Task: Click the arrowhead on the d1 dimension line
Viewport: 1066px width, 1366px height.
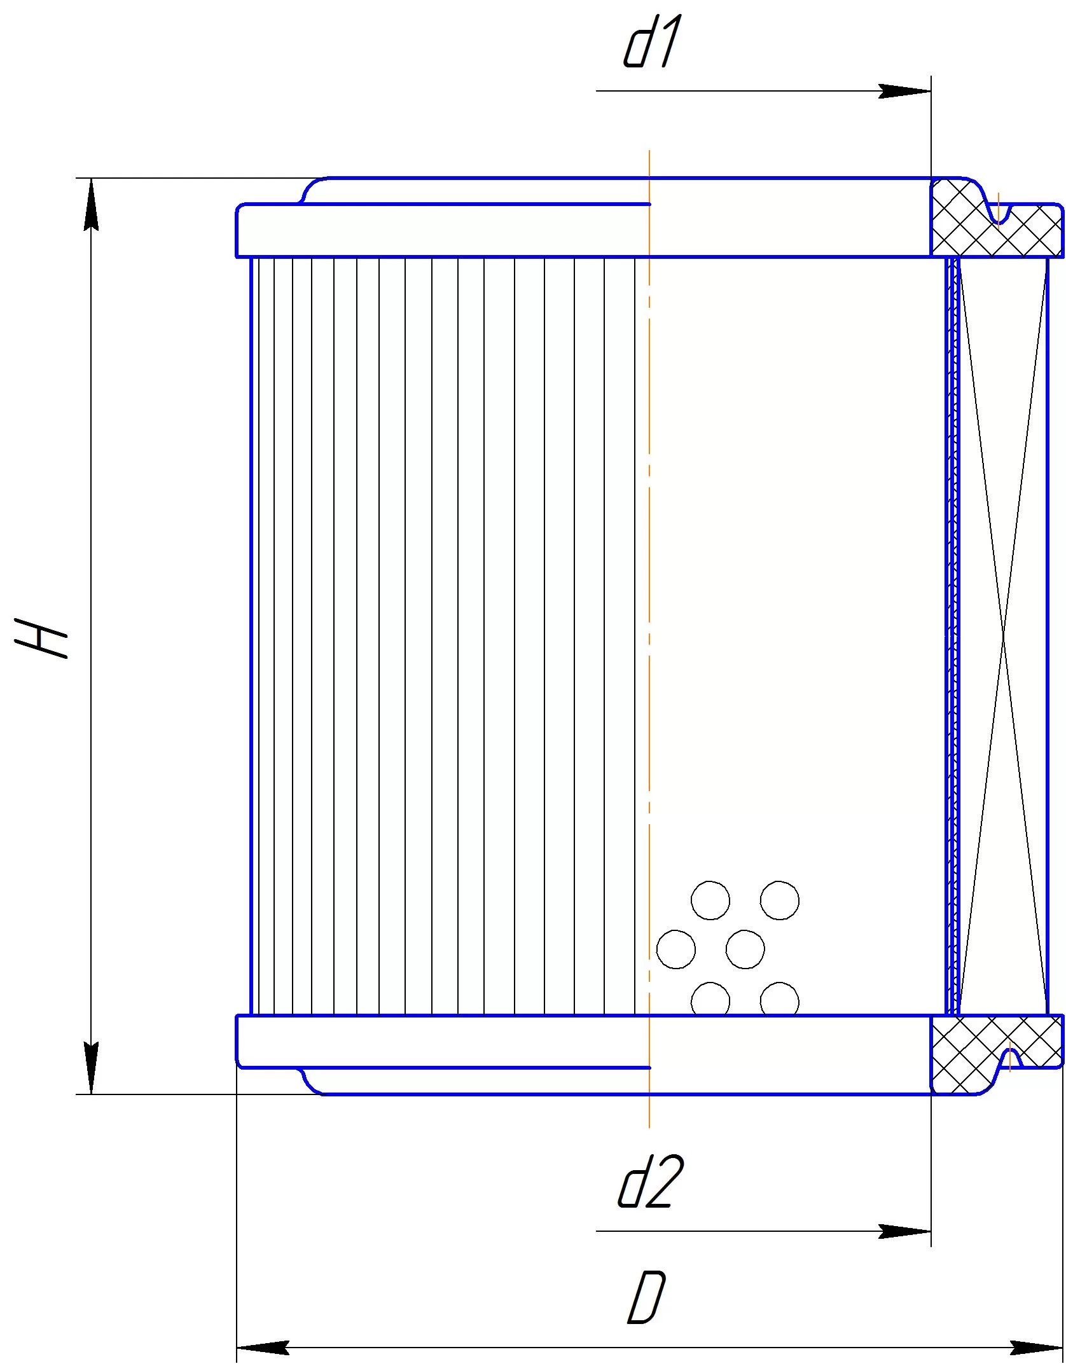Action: tap(904, 91)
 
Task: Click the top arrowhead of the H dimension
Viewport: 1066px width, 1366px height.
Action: tap(92, 204)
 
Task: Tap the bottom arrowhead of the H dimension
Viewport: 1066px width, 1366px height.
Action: tap(92, 1068)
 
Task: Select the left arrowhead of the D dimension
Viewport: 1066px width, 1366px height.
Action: tap(263, 1346)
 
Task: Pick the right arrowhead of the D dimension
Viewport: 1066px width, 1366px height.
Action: tap(1037, 1346)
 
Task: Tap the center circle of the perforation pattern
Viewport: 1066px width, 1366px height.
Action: tap(745, 949)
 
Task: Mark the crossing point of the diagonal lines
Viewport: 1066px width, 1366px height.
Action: tap(1003, 636)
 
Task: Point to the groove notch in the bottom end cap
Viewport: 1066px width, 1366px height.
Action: tap(1010, 1058)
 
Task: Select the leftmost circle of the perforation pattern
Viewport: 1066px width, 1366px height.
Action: tap(675, 949)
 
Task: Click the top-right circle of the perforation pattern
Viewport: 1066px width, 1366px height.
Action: tap(780, 900)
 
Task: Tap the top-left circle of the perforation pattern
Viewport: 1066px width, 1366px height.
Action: tap(710, 900)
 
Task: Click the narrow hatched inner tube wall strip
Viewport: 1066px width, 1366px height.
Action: tap(952, 636)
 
